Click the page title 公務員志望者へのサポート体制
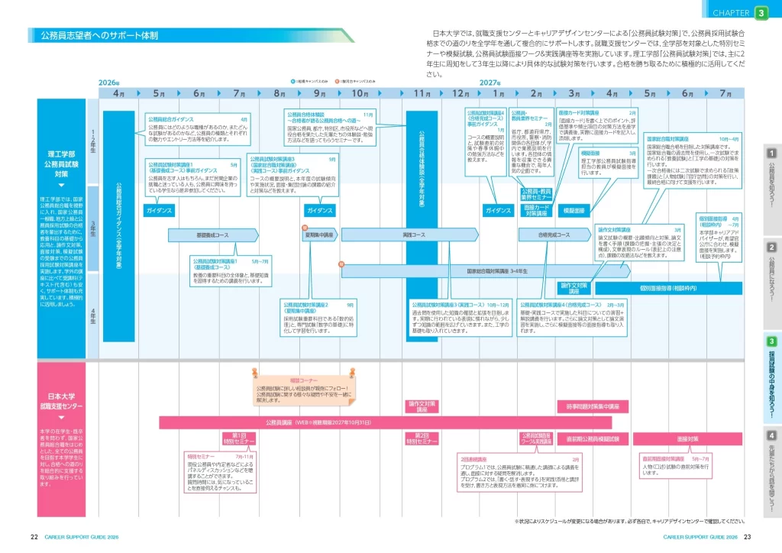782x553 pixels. [x=99, y=35]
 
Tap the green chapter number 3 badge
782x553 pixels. [x=761, y=12]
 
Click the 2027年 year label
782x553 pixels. [x=490, y=82]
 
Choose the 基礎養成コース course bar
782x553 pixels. [x=214, y=234]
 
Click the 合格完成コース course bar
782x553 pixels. [x=554, y=234]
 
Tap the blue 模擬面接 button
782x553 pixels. [x=574, y=210]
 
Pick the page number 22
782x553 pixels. [x=34, y=536]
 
